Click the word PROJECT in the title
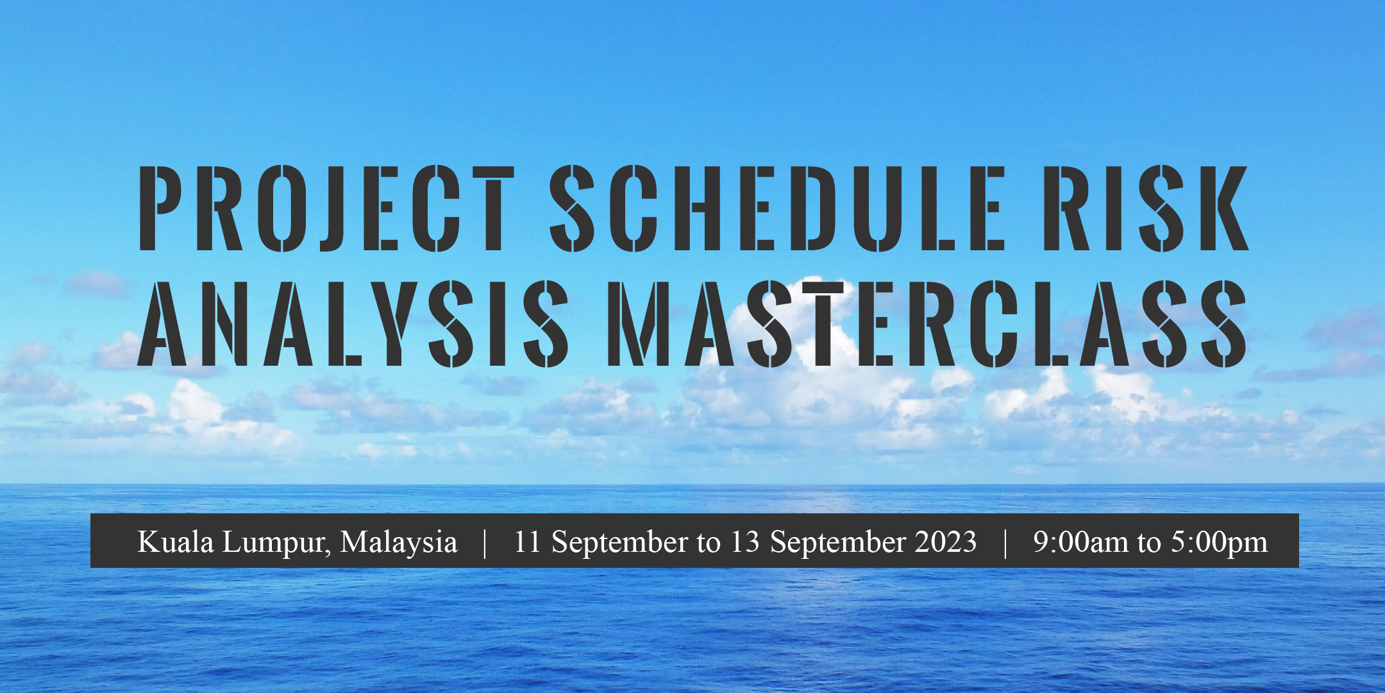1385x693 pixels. pyautogui.click(x=326, y=208)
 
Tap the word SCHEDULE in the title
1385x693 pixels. pyautogui.click(x=777, y=208)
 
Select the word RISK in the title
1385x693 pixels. pyautogui.click(x=1146, y=208)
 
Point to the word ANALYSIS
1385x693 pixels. pyautogui.click(x=353, y=323)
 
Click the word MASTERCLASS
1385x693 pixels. pyautogui.click(x=927, y=323)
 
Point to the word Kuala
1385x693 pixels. pyautogui.click(x=176, y=542)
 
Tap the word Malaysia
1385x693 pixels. pyautogui.click(x=399, y=544)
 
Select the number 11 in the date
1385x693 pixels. pyautogui.click(x=528, y=542)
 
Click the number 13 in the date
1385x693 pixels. pyautogui.click(x=745, y=542)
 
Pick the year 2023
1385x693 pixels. pyautogui.click(x=946, y=542)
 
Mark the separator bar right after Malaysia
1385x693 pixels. pyautogui.click(x=485, y=543)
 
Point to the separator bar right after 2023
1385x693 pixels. pyautogui.click(x=1005, y=543)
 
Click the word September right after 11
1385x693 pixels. pyautogui.click(x=620, y=544)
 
